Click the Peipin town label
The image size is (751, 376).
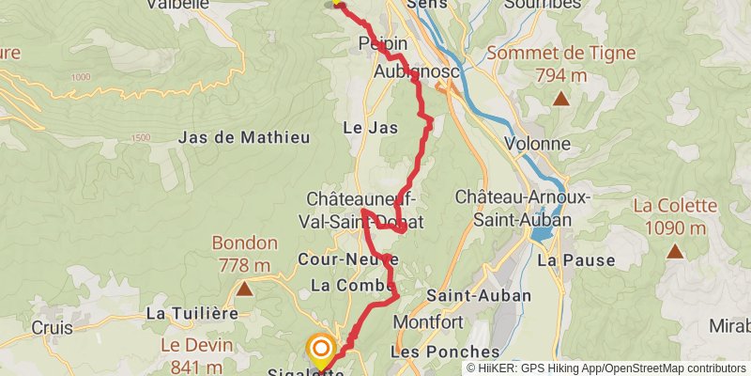click(383, 43)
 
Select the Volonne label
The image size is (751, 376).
click(537, 144)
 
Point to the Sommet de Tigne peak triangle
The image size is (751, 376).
click(560, 99)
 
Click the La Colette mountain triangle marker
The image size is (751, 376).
click(675, 252)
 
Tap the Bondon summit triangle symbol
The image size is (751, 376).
click(244, 289)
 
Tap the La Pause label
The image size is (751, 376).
click(575, 260)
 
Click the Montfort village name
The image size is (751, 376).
click(429, 322)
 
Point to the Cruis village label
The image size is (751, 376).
click(53, 328)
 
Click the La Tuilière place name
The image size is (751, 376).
click(192, 313)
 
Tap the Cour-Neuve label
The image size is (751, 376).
click(348, 258)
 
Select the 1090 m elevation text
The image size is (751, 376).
click(675, 227)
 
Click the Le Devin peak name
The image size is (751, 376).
click(192, 345)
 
